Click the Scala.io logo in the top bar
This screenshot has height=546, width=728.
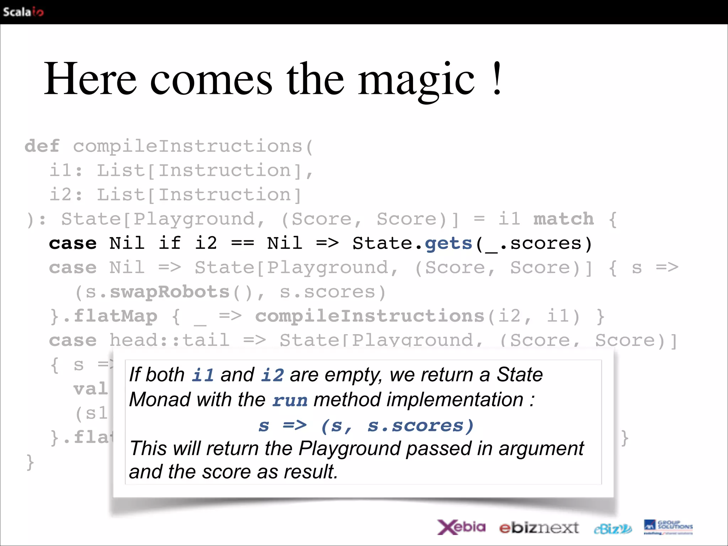23,12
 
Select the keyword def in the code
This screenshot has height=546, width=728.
42,146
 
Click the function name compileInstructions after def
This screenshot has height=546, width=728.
188,146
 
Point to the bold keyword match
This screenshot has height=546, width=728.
563,219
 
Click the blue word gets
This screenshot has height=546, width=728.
448,243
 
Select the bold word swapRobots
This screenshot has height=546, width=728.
170,292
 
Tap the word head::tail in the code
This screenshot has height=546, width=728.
169,340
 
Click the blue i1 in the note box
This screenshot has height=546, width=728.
203,375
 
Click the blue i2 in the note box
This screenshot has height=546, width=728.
272,375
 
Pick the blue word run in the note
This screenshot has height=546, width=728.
290,400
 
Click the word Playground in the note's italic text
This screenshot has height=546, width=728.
350,448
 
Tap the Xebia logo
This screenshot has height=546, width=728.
461,527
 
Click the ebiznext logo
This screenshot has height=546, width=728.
539,528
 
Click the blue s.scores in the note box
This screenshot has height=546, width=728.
421,425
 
